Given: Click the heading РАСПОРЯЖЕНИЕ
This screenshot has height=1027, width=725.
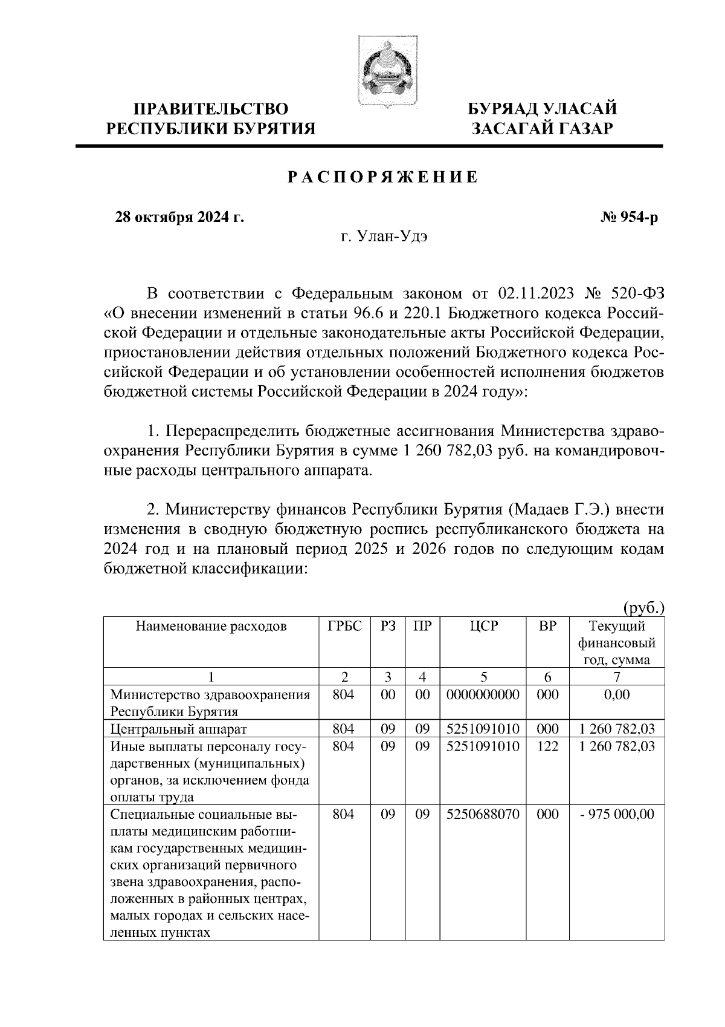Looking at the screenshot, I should [383, 177].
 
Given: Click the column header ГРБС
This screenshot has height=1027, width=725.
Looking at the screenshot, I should [344, 627].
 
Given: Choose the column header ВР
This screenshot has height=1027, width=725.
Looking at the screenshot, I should [547, 627].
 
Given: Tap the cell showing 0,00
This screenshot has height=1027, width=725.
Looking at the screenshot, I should [616, 695].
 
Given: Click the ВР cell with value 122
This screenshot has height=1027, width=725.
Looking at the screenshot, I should [547, 746].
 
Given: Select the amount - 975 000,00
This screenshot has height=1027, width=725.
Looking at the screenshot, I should [617, 815].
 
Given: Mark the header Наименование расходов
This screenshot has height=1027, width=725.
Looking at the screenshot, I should [210, 627].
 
